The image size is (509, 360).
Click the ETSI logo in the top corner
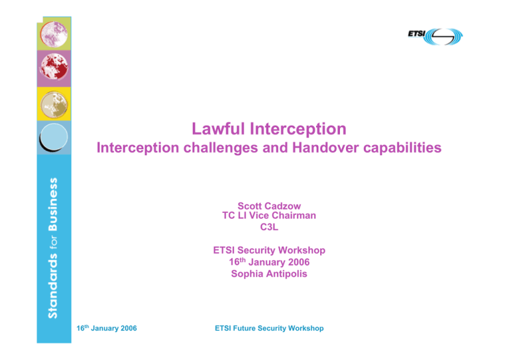pos(435,36)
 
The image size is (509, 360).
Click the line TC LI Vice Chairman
pos(269,216)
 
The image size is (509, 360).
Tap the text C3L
pos(269,228)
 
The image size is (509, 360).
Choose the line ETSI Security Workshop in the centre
pos(269,251)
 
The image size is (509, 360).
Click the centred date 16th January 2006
pos(269,262)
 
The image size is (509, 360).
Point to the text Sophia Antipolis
pos(269,273)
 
